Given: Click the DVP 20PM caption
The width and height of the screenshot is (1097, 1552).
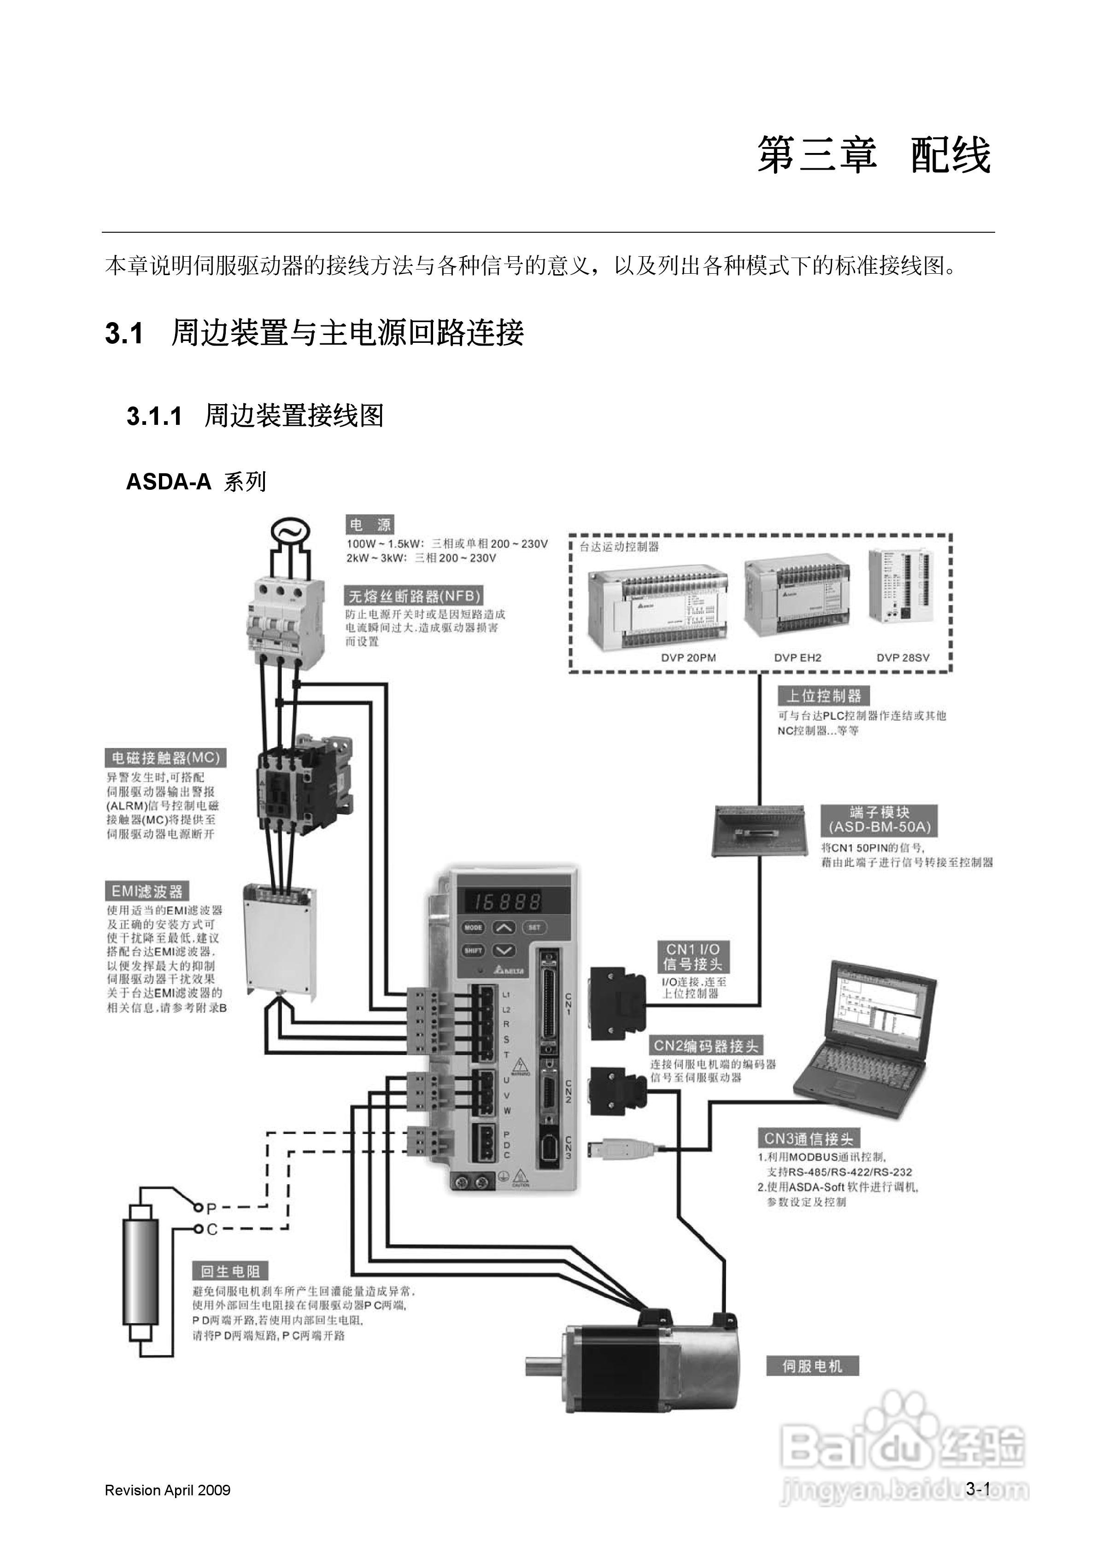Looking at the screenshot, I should pyautogui.click(x=688, y=658).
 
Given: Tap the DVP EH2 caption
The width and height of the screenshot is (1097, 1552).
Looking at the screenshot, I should pyautogui.click(x=798, y=658).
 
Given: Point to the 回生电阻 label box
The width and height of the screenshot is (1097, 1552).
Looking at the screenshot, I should pyautogui.click(x=230, y=1271).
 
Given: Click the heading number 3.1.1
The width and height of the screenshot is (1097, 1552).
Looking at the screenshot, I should pyautogui.click(x=154, y=417).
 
